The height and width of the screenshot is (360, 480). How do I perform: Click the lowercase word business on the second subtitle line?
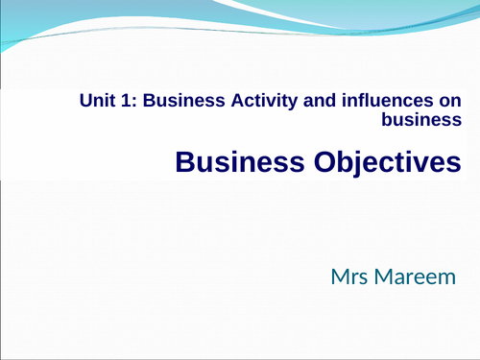coord(421,120)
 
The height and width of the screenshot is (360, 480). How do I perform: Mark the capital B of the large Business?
coord(185,162)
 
